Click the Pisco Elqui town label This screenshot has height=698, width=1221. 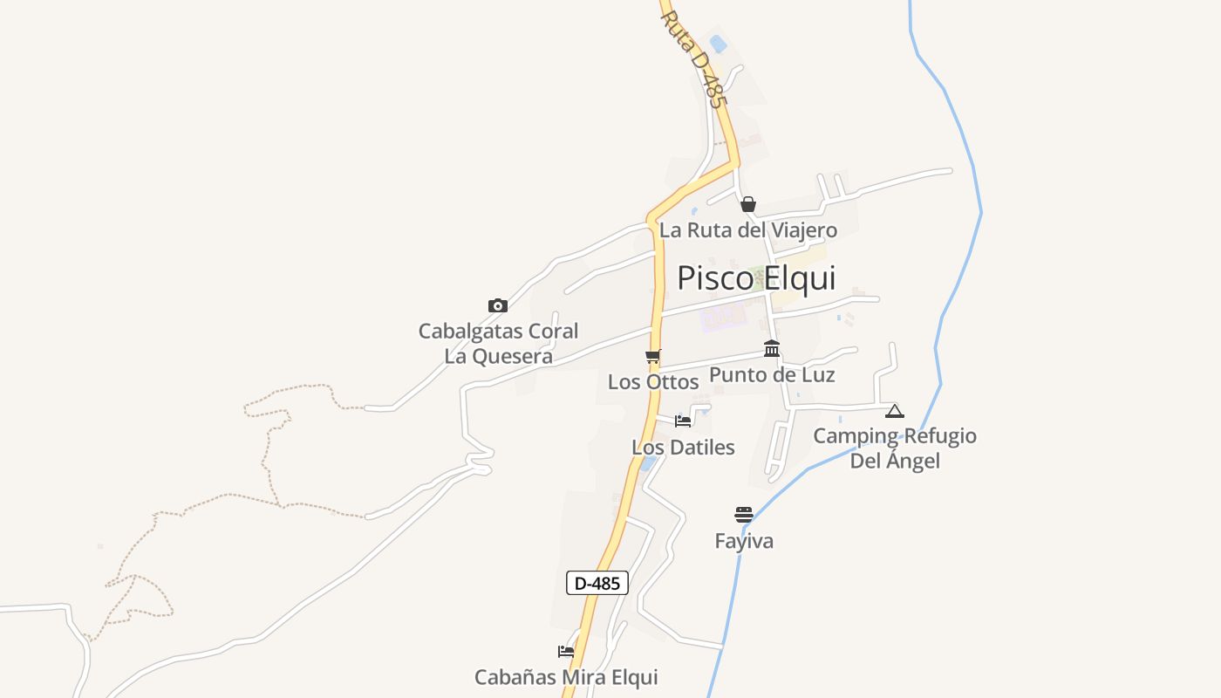pyautogui.click(x=756, y=278)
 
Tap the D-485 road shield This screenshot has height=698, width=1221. pyautogui.click(x=597, y=583)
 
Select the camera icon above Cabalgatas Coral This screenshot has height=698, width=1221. pyautogui.click(x=498, y=305)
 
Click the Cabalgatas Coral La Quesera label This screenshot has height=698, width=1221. pyautogui.click(x=498, y=344)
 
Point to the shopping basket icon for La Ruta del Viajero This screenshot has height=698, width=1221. pyautogui.click(x=748, y=205)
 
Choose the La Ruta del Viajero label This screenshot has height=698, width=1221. pyautogui.click(x=748, y=230)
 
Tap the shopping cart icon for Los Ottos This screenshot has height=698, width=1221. pyautogui.click(x=653, y=357)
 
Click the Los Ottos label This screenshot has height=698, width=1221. pyautogui.click(x=653, y=382)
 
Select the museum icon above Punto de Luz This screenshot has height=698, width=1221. pyautogui.click(x=772, y=349)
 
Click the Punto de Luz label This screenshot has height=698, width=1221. pyautogui.click(x=772, y=375)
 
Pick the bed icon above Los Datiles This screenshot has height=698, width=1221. pyautogui.click(x=683, y=421)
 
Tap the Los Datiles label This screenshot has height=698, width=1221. pyautogui.click(x=683, y=448)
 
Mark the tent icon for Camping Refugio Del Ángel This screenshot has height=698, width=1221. pyautogui.click(x=895, y=411)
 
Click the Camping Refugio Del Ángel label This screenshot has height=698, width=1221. pyautogui.click(x=895, y=448)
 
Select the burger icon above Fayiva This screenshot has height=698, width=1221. pyautogui.click(x=744, y=515)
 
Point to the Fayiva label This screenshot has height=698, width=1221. pyautogui.click(x=744, y=541)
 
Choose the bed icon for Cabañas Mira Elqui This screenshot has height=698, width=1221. pyautogui.click(x=566, y=651)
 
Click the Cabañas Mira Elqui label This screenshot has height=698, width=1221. pyautogui.click(x=566, y=677)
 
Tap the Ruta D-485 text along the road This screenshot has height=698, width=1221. pyautogui.click(x=694, y=58)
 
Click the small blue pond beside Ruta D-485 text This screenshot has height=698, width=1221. pyautogui.click(x=719, y=43)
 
